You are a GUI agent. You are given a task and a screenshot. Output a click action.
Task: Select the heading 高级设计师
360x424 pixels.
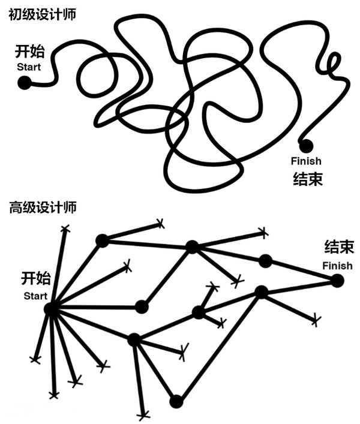coord(41,209)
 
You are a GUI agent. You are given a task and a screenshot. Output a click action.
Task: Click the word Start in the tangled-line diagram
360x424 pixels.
coord(29,67)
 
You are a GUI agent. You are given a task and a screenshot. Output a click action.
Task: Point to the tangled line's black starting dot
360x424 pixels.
coord(24,83)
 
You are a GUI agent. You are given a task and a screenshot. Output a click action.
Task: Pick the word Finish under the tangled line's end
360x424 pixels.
coord(305,161)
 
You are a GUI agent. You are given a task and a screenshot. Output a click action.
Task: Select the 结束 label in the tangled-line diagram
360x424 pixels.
coord(307,179)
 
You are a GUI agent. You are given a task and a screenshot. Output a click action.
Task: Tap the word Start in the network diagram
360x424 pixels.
coord(35,296)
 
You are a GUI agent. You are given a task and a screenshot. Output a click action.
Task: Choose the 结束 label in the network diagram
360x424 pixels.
coord(338,247)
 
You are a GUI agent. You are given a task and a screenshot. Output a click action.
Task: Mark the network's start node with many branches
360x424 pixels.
coord(52,309)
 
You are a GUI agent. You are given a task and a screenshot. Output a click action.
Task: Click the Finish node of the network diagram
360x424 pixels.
coord(337,280)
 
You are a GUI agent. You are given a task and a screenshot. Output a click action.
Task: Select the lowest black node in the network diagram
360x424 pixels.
coord(176,401)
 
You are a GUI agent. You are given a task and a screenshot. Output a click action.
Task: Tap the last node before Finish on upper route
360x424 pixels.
coord(266,260)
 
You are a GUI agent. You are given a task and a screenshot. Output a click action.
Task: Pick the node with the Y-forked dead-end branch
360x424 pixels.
coord(199,312)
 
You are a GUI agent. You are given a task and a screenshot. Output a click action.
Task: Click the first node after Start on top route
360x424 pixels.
coord(102,240)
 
